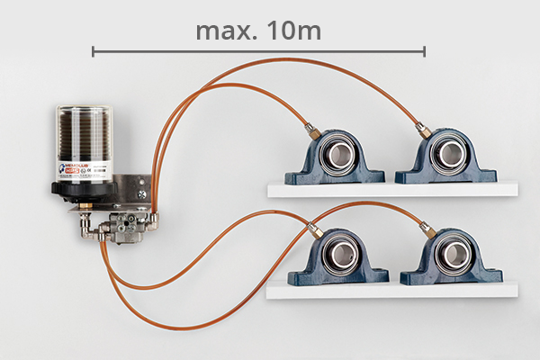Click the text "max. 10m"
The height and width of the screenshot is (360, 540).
258,31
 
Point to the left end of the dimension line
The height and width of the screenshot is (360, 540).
93,52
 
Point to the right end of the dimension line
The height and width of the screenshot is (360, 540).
424,52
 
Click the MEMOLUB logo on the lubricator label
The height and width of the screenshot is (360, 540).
72,167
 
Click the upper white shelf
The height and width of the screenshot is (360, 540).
392,190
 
